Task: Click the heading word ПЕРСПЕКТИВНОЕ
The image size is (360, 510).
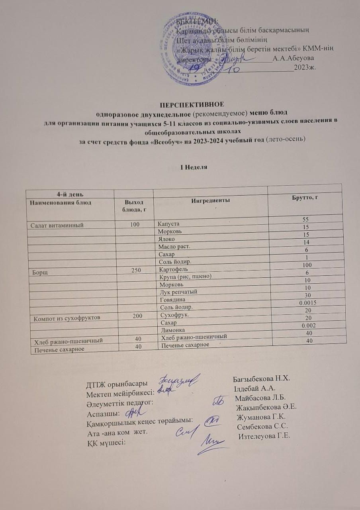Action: click(192, 105)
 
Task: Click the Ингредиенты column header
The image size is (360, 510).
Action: click(211, 201)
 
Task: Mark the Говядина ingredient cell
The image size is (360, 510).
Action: click(172, 300)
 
